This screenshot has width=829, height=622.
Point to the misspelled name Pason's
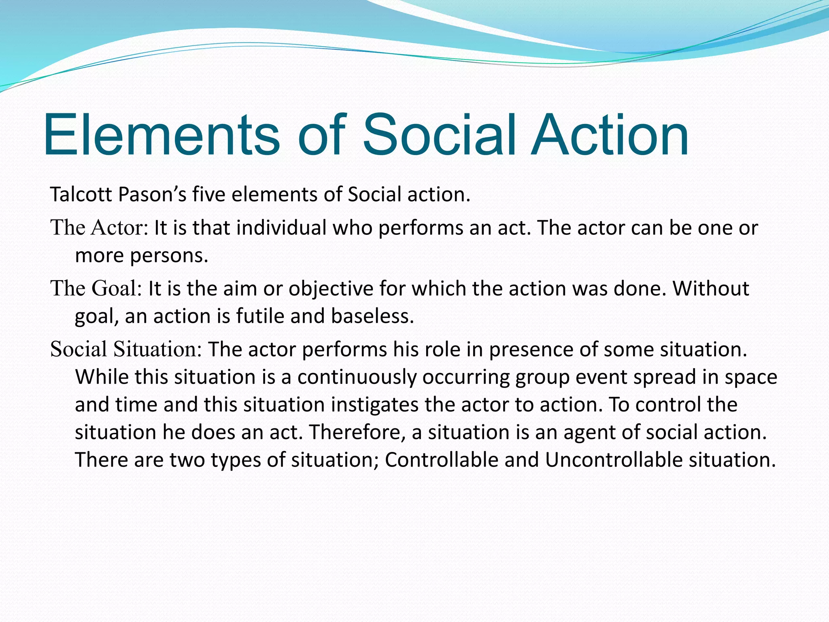(x=152, y=195)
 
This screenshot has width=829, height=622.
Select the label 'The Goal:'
(x=96, y=289)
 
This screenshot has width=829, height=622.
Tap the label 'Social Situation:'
(x=126, y=349)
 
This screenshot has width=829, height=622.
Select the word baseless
(x=372, y=316)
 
